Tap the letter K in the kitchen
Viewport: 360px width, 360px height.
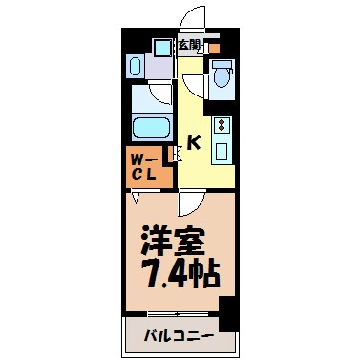(x=192, y=143)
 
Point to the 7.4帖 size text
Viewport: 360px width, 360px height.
(x=180, y=273)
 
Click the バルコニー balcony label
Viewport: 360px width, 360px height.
(x=179, y=336)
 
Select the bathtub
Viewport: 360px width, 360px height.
(x=150, y=128)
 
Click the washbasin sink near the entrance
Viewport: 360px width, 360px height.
(x=135, y=66)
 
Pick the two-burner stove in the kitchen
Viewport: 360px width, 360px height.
(x=220, y=125)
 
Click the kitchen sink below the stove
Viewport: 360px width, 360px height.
(x=220, y=149)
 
